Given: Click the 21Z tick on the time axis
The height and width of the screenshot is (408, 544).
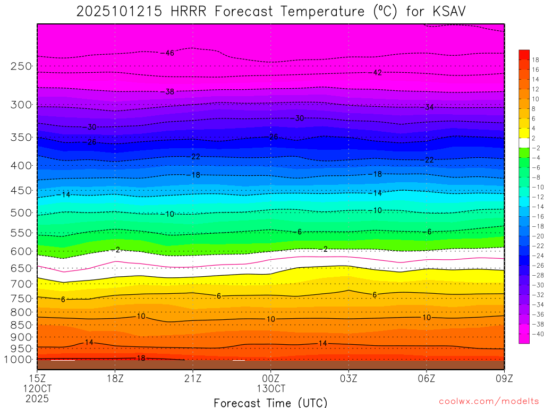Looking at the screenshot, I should [193, 378].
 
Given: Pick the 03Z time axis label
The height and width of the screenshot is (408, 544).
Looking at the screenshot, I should [348, 378].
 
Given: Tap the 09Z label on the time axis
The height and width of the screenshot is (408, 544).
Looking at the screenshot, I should [504, 378].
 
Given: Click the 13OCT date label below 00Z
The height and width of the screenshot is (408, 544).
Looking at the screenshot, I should [271, 388].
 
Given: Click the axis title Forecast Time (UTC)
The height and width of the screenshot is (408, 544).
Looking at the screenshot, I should [270, 402].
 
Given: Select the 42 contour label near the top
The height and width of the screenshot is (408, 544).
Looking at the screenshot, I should [377, 73].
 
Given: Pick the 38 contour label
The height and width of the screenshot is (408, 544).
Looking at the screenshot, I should [169, 92].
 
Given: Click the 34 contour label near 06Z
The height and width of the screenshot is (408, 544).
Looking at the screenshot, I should [429, 107].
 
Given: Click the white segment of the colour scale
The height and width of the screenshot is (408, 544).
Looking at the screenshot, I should [524, 142].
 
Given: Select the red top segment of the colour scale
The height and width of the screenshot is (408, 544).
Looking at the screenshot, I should [524, 54].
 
